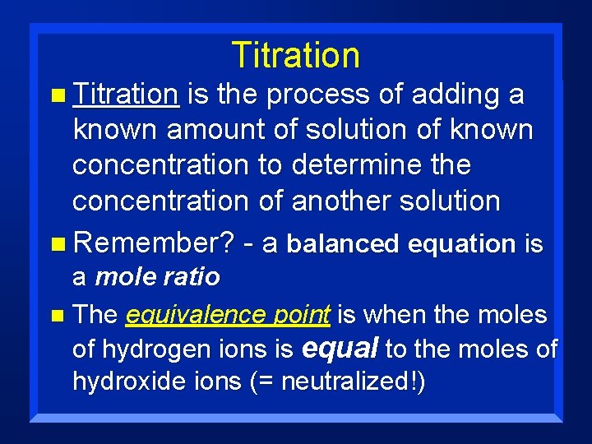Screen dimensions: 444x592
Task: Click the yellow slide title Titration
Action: click(295, 55)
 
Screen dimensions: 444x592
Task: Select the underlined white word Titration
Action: click(125, 95)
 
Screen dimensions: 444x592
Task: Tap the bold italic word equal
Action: click(340, 349)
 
